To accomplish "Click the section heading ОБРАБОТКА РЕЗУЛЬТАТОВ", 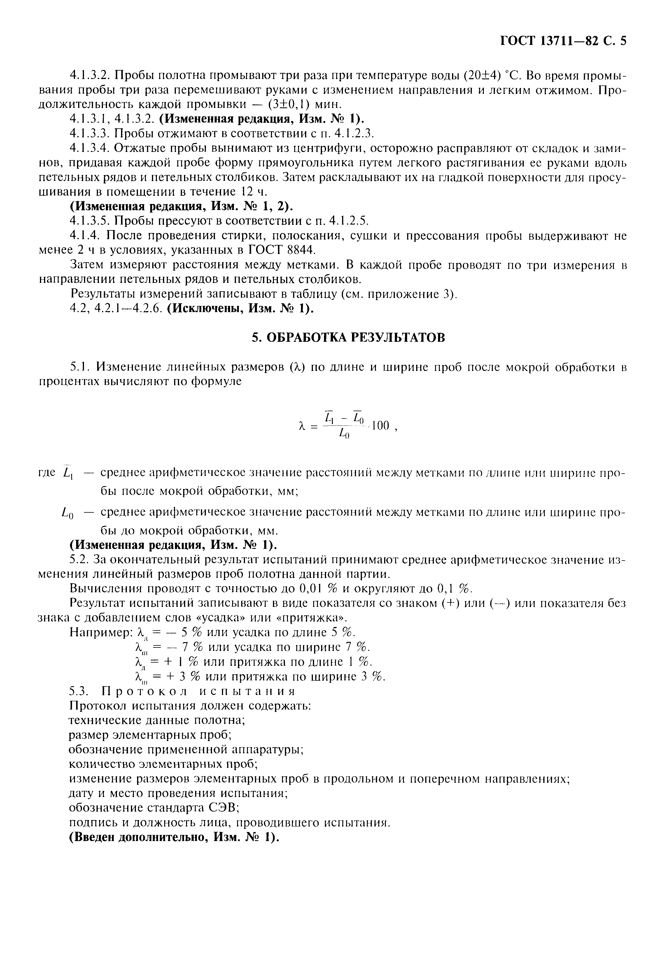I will [x=348, y=337].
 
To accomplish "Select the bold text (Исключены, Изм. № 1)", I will [x=240, y=309].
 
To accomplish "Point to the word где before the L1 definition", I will [x=47, y=473].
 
